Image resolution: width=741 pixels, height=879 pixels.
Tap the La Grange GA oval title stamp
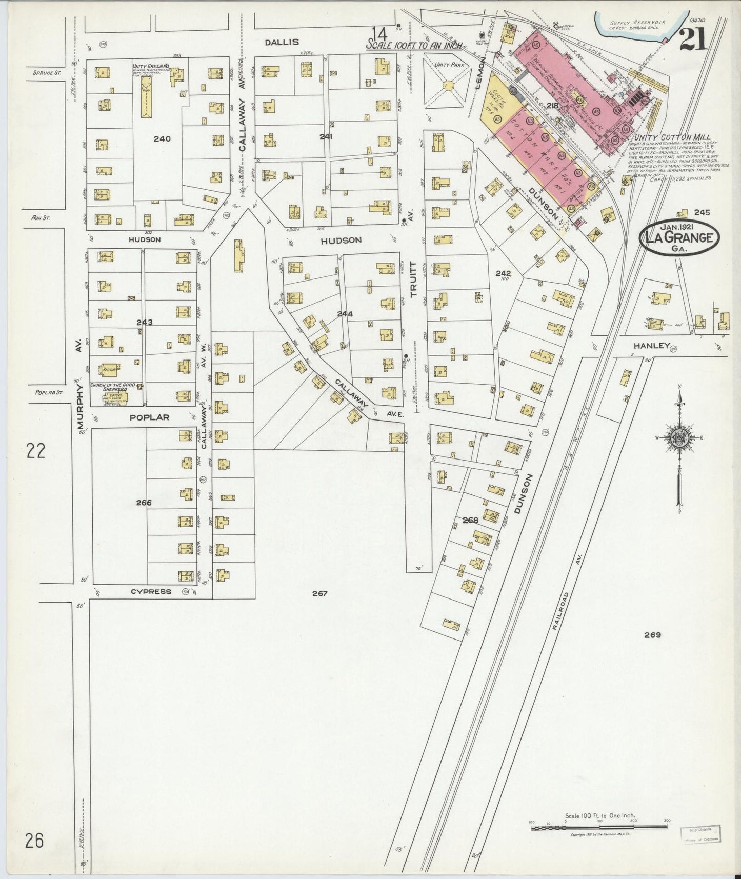pos(679,238)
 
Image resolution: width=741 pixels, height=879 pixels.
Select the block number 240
pos(162,138)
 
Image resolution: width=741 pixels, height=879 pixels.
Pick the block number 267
pos(319,593)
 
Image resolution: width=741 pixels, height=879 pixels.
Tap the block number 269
pos(652,635)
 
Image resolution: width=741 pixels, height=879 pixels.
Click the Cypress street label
pos(151,591)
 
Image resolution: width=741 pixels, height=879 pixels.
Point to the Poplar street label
pos(149,417)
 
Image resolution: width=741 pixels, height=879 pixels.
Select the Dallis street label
pos(282,42)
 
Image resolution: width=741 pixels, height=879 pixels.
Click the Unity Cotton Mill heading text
pos(672,137)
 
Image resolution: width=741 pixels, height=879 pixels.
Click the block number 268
pos(470,520)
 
